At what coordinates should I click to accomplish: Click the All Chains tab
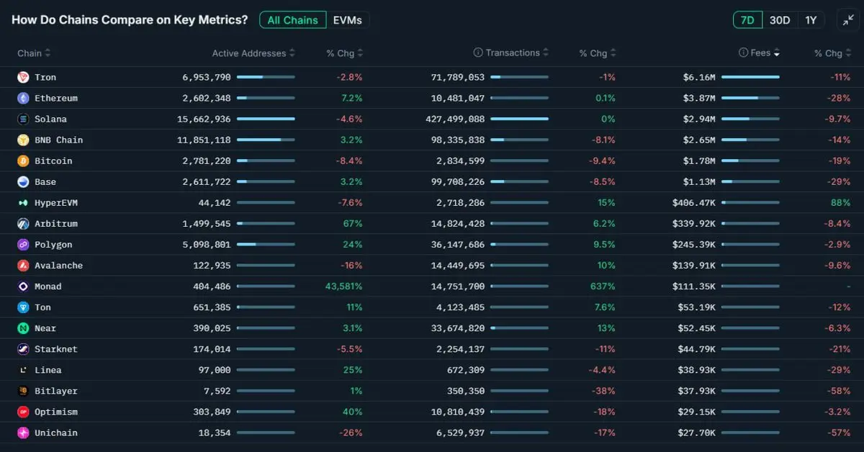coord(292,20)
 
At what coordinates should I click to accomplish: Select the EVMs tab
coord(348,20)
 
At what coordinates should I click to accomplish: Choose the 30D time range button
coord(780,20)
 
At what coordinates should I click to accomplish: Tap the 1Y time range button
coord(811,20)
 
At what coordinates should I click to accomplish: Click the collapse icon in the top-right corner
coord(847,20)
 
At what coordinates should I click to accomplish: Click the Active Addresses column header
coord(248,53)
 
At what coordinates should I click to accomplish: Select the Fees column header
coord(760,53)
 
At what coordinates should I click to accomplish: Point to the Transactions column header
coord(512,53)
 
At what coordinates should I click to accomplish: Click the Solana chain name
coord(50,119)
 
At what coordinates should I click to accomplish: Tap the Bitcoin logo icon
coord(23,161)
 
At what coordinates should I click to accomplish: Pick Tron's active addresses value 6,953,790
coord(207,77)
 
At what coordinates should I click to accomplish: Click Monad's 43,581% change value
coord(343,286)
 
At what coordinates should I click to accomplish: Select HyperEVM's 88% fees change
coord(840,203)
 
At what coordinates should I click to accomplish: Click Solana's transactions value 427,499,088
coord(455,119)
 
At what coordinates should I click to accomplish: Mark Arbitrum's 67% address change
coord(352,224)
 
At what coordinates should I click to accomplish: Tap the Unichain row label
coord(55,433)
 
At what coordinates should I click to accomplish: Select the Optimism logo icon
coord(23,412)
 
